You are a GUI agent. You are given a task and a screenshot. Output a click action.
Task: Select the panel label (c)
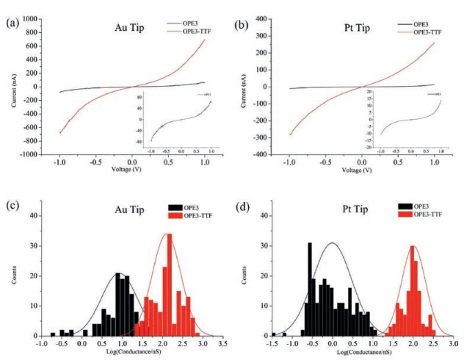point(12,204)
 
